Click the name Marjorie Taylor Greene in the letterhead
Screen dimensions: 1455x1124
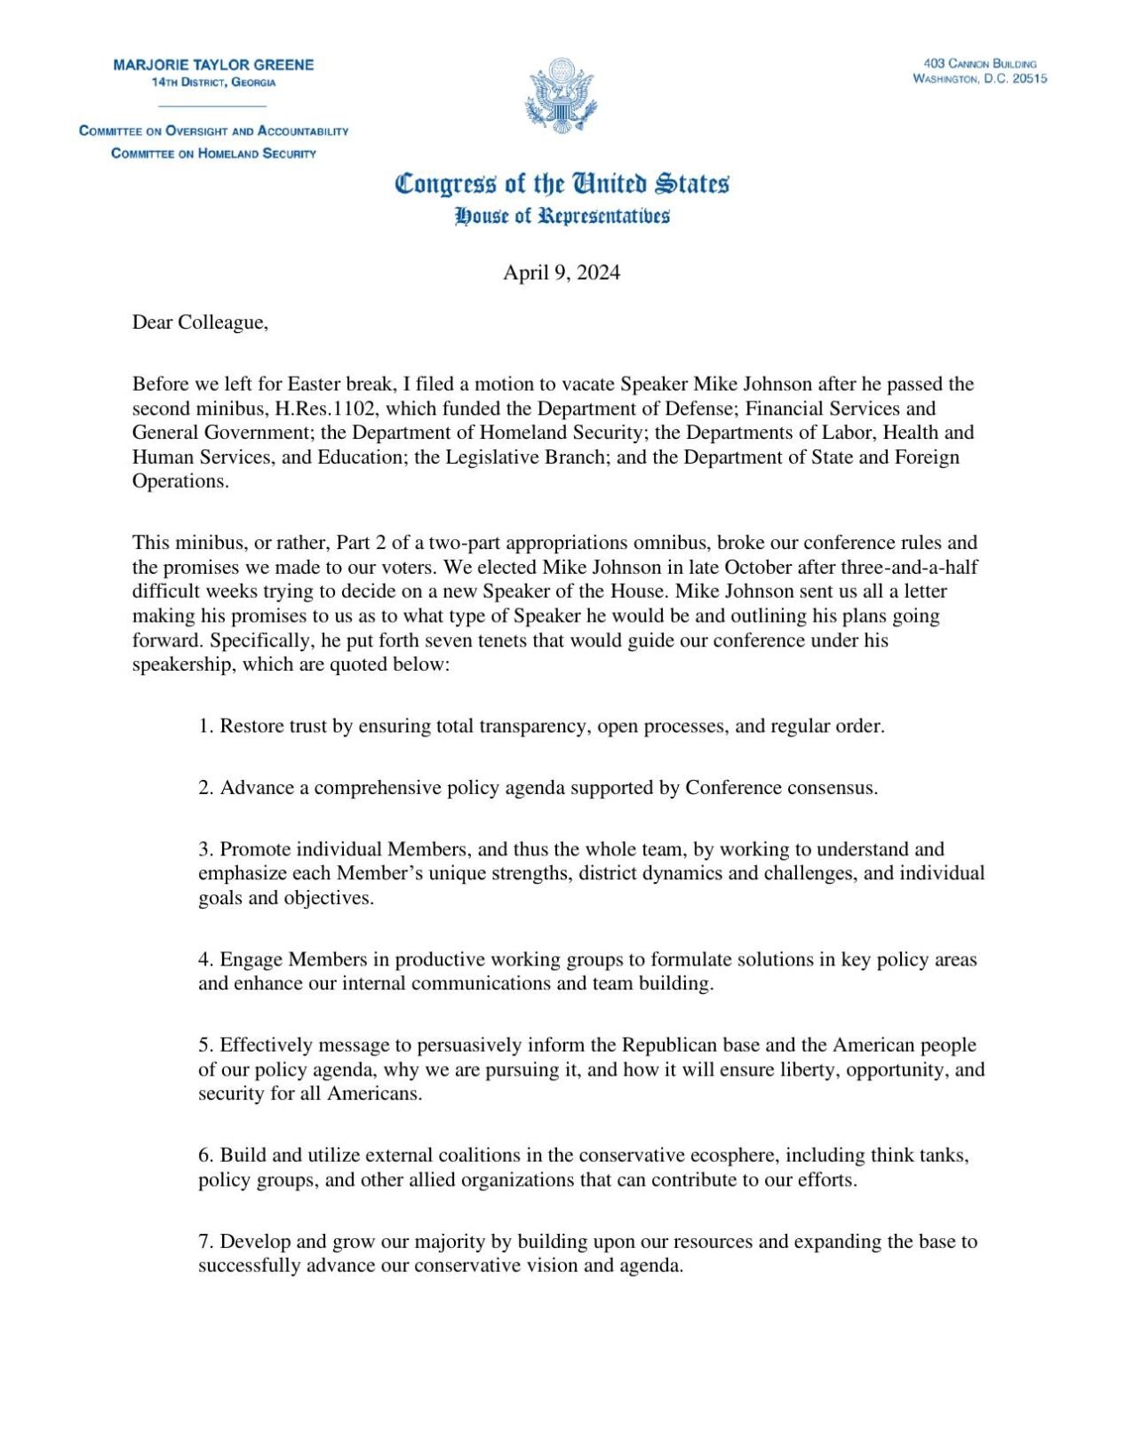coord(213,65)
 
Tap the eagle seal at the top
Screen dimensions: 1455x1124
coord(562,95)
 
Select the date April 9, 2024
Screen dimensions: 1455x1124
coord(562,273)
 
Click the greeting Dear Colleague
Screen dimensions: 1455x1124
coord(200,322)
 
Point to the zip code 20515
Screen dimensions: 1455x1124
coord(1030,79)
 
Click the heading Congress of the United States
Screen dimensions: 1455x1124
coord(562,184)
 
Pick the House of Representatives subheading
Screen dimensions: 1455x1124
coord(562,216)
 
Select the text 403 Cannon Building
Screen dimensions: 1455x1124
coord(979,64)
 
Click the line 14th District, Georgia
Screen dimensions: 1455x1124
coord(213,83)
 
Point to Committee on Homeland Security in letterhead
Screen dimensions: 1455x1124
coord(213,154)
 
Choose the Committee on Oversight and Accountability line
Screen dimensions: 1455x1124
coord(213,131)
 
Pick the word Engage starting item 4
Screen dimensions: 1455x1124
coord(251,960)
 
